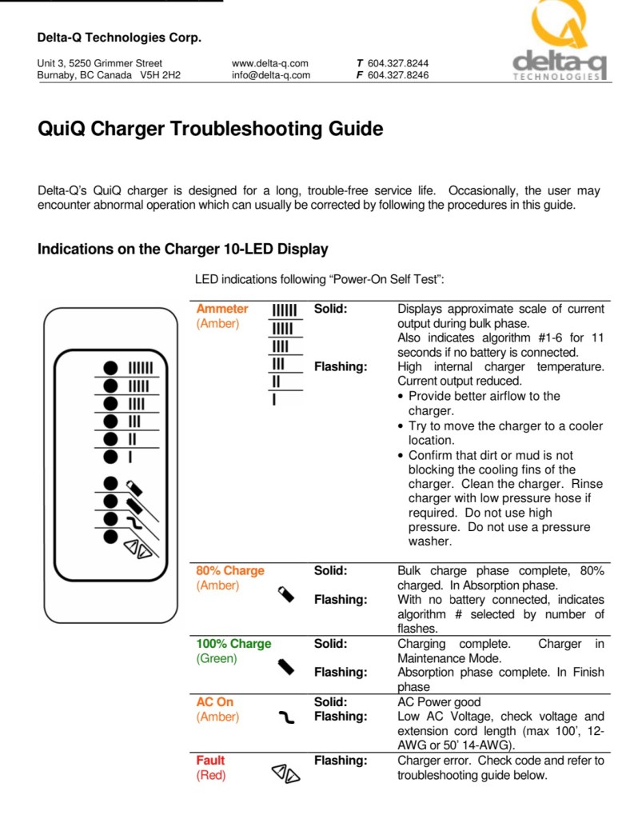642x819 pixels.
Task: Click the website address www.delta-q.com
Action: coord(270,63)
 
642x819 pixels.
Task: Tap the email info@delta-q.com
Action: coord(270,75)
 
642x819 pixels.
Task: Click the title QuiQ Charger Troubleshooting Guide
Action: coord(210,129)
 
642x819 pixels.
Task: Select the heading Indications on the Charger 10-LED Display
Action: coord(183,249)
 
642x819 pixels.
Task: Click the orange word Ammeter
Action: coord(222,309)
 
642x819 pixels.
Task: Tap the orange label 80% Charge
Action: coord(230,570)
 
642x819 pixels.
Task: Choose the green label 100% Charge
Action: coord(233,643)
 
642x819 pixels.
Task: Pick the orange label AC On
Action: coord(215,701)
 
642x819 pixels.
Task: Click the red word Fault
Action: coord(211,760)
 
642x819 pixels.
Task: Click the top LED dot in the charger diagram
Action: coord(111,367)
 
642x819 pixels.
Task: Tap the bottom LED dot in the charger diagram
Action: coord(111,536)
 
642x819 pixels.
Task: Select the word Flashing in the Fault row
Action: coord(341,760)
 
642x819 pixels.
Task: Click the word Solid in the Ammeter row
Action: coord(330,309)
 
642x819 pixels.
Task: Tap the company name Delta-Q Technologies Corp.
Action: coord(119,38)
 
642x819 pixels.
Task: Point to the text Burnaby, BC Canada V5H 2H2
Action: coord(110,75)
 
